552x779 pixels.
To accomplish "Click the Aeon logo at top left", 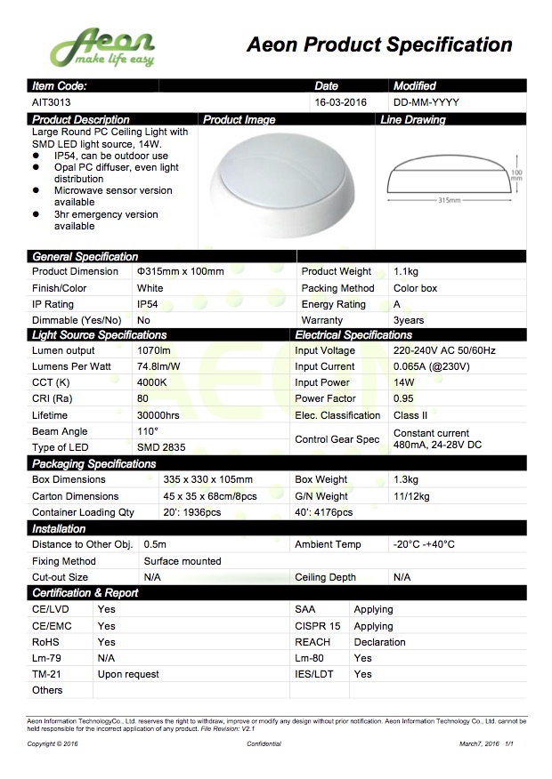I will (102, 47).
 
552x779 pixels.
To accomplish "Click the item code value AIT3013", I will (51, 102).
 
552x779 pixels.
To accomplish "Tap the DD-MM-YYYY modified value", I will (426, 102).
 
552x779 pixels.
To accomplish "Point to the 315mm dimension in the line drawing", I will (451, 201).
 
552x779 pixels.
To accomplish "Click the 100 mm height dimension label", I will (516, 175).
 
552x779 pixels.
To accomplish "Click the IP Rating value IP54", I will (148, 304).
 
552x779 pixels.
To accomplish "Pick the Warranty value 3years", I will (409, 320).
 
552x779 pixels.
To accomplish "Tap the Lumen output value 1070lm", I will (154, 350).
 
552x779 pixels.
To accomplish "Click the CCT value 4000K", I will (152, 382).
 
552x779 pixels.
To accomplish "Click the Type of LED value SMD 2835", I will (161, 447).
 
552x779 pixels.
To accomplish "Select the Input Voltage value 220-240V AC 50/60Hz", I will (444, 350).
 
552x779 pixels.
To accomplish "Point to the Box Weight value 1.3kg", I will (406, 479).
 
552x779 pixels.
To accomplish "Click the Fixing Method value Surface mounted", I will (183, 561).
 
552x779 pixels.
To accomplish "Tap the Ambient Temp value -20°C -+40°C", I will (424, 544).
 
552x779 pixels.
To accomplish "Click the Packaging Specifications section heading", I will (94, 464).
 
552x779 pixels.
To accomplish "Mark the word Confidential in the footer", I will (264, 743).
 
